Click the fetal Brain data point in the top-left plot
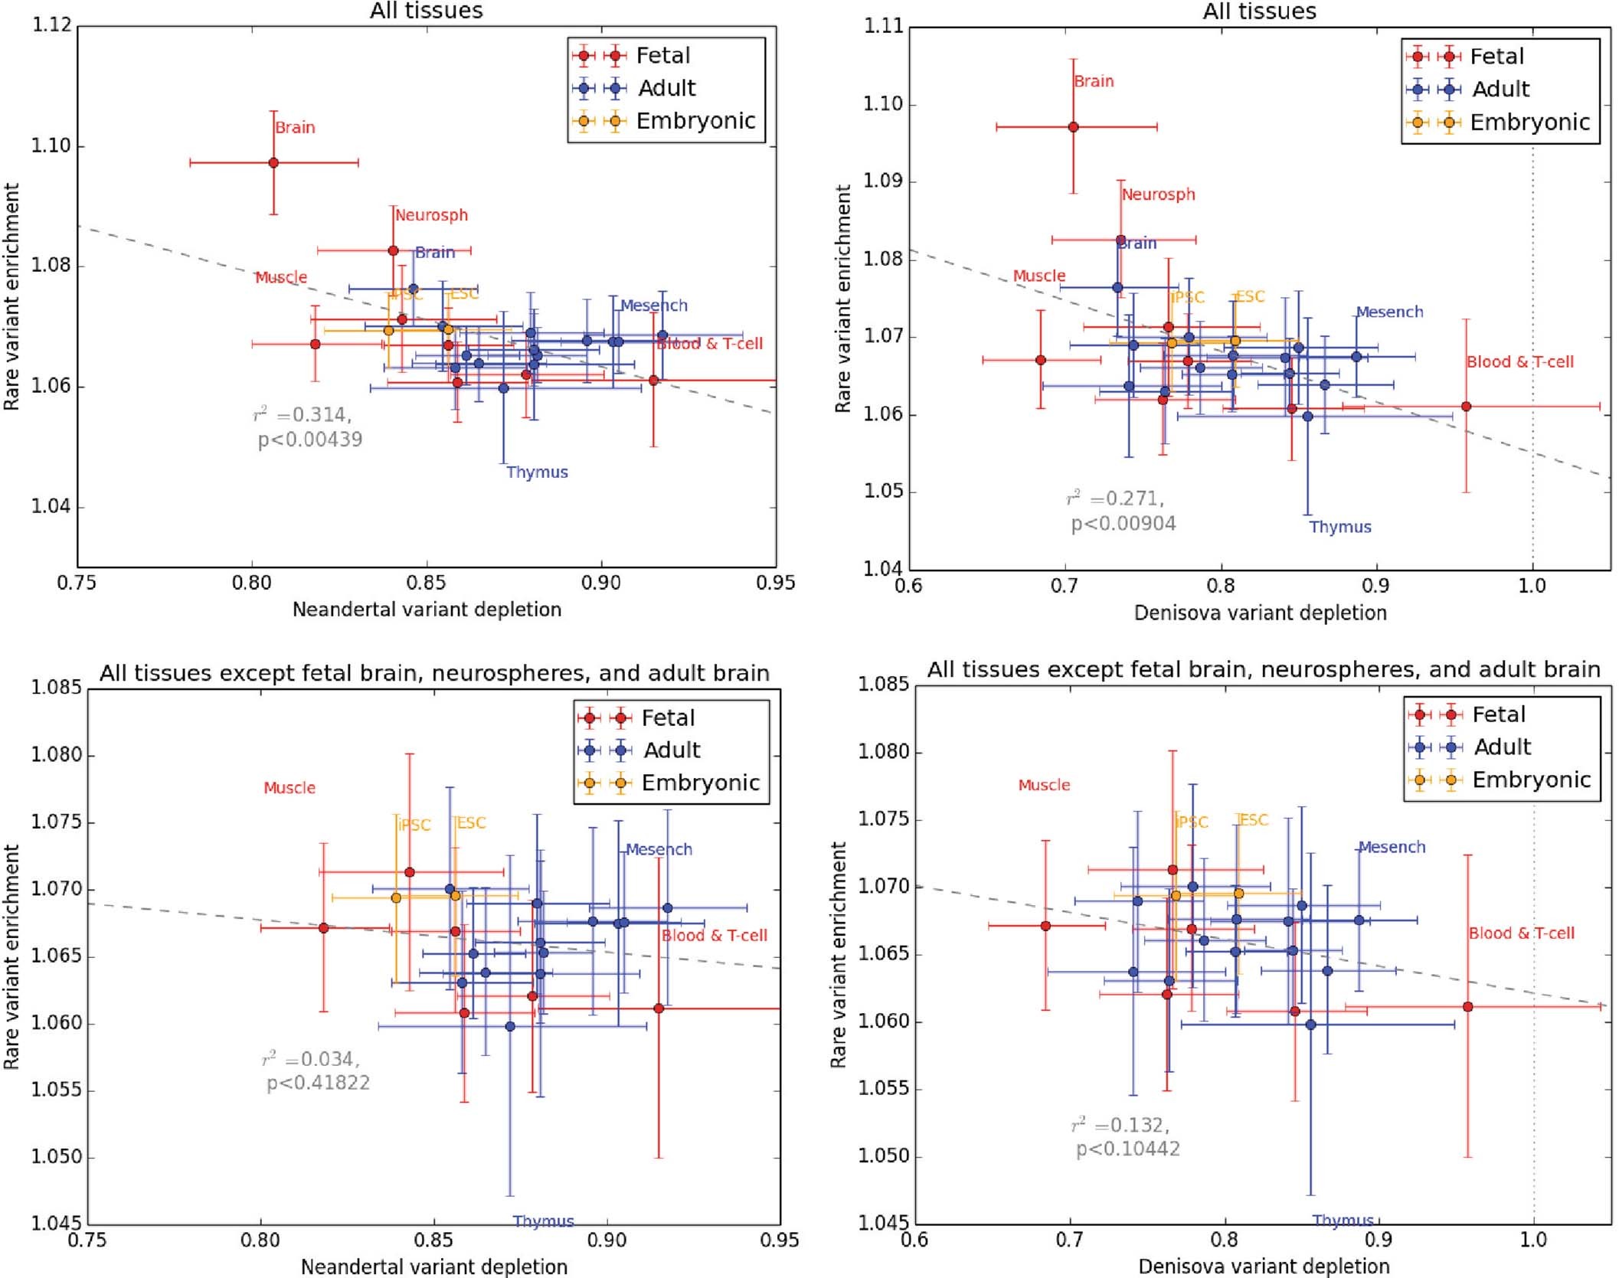tap(273, 162)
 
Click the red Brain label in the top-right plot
tap(1093, 81)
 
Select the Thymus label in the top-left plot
tap(537, 472)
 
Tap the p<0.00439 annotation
tap(309, 440)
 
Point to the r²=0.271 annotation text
tap(1115, 498)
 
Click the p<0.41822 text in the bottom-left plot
tap(318, 1083)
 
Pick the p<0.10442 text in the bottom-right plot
tap(1127, 1149)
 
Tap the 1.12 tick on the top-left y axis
tap(51, 25)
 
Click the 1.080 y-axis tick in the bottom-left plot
tap(56, 755)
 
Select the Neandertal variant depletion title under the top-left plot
tap(427, 610)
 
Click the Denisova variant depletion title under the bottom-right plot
tap(1264, 1267)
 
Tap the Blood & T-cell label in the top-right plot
tap(1519, 361)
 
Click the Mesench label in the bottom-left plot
tap(659, 849)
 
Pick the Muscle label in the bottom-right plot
tap(1044, 785)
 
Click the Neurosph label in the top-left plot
tap(431, 215)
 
